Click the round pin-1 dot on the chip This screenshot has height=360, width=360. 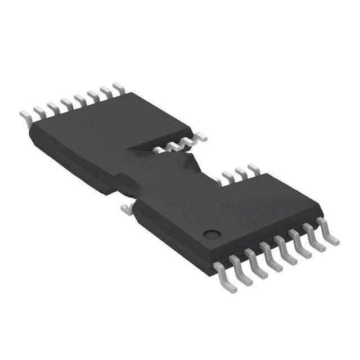(211, 235)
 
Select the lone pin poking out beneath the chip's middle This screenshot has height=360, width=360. (127, 209)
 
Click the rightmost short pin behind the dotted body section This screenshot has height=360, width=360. (253, 169)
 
